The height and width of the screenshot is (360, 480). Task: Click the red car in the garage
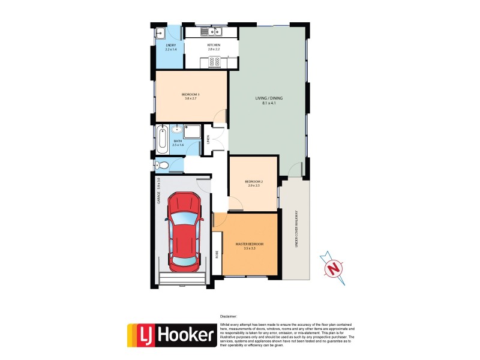click(x=185, y=232)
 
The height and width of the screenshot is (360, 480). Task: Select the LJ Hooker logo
click(x=172, y=335)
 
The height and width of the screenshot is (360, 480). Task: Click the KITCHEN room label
click(x=214, y=46)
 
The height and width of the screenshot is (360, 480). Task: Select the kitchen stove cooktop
click(x=215, y=61)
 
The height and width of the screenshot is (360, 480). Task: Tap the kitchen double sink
click(x=212, y=31)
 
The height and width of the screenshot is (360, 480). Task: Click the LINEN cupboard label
click(x=208, y=140)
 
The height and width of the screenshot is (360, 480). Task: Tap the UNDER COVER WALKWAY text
click(x=296, y=229)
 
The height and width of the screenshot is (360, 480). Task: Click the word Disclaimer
click(x=229, y=316)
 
